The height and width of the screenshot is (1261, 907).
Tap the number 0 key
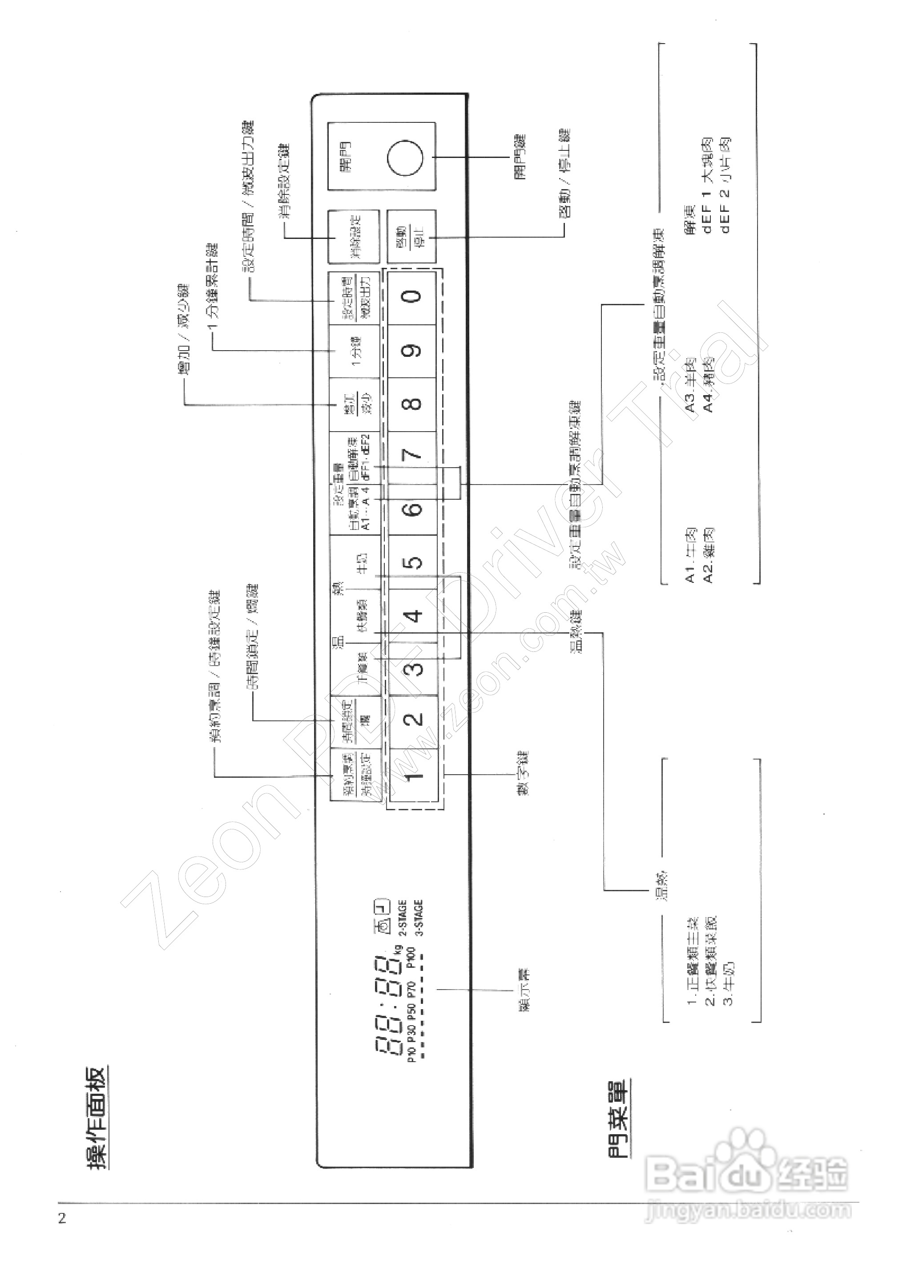tap(413, 296)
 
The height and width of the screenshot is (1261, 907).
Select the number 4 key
tap(413, 615)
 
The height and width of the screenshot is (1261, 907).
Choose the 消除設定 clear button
tap(354, 236)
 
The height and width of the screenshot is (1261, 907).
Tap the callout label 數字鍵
tap(522, 773)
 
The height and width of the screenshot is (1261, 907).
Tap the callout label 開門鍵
tap(520, 158)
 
